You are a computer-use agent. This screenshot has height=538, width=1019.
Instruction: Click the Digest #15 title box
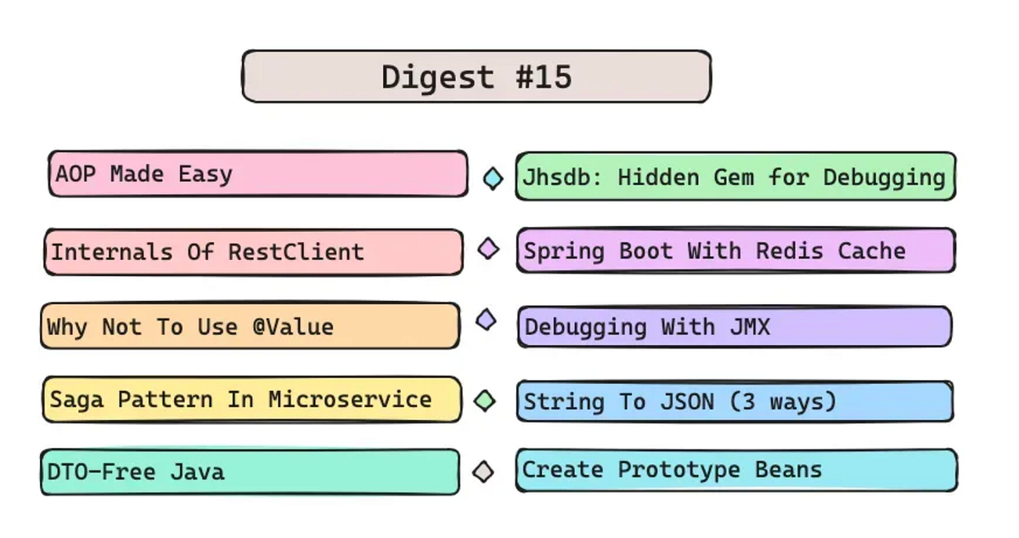pos(476,76)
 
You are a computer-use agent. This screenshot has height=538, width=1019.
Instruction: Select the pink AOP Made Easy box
pos(257,174)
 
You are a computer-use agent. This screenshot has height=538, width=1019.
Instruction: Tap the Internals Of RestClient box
pos(254,252)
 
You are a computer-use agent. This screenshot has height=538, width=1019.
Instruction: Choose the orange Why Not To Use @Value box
pos(251,326)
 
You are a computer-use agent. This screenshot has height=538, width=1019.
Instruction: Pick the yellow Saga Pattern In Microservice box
pos(252,399)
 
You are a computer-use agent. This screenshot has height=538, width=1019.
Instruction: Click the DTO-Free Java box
pos(251,472)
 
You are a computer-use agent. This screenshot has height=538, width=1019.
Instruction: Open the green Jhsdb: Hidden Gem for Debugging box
pos(735,177)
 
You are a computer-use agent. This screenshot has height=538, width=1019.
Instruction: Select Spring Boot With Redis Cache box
pos(735,251)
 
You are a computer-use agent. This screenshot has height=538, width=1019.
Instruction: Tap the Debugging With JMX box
pos(735,326)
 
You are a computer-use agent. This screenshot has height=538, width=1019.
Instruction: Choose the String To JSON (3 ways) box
pos(735,401)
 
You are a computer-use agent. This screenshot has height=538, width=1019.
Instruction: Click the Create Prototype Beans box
pos(735,470)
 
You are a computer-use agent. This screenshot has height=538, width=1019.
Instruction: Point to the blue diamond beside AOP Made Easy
pos(493,178)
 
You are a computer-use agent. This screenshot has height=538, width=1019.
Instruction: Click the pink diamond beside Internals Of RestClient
pos(488,249)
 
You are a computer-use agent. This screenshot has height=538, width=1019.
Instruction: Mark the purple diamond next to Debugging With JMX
pos(486,320)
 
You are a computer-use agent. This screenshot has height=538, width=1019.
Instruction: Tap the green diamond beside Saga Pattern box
pos(485,400)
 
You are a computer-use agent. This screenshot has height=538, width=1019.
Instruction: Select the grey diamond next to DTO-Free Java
pos(483,471)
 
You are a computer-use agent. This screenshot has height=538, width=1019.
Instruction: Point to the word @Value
pos(293,327)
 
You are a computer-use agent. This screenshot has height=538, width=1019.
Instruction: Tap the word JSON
pos(686,401)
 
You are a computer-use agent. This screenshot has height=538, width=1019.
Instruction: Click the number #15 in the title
pos(543,77)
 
